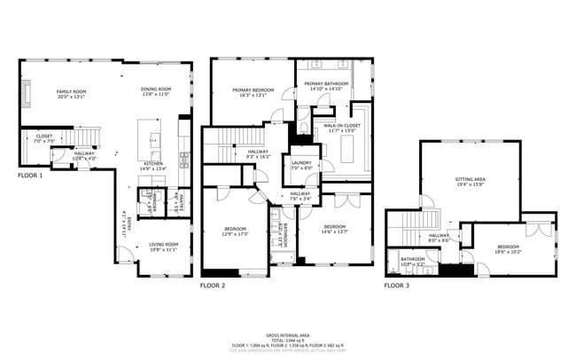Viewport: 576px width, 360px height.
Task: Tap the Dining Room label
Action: [x=155, y=91]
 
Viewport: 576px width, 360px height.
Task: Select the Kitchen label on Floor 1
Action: [x=153, y=166]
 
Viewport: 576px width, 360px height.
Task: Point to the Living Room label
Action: [x=163, y=247]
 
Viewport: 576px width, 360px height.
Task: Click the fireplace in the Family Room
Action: [x=27, y=92]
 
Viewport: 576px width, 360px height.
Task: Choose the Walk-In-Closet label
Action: [x=341, y=129]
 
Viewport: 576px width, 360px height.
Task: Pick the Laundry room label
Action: [x=300, y=166]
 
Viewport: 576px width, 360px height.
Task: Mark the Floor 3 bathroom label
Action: [x=413, y=262]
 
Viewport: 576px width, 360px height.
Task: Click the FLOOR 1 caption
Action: [x=30, y=176]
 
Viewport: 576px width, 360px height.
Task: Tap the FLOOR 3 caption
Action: [x=397, y=286]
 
